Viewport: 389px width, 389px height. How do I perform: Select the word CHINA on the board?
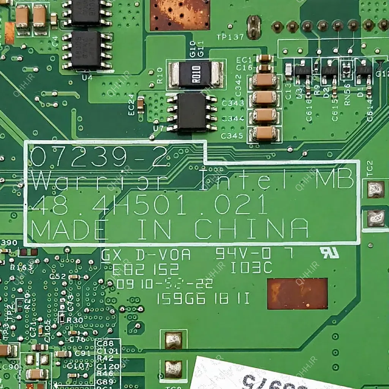(251, 229)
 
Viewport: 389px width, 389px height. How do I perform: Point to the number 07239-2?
(99, 157)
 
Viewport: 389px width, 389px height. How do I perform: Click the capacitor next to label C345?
(264, 134)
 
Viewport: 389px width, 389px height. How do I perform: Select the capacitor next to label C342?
(264, 80)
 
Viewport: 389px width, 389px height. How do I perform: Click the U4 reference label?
(87, 77)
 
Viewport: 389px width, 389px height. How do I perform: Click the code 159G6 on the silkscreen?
(181, 299)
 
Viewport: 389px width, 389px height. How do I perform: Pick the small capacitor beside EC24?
(141, 105)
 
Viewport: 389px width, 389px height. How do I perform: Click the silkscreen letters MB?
(335, 180)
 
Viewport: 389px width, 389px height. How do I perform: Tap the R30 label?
(75, 320)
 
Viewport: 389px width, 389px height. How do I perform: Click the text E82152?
(145, 269)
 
